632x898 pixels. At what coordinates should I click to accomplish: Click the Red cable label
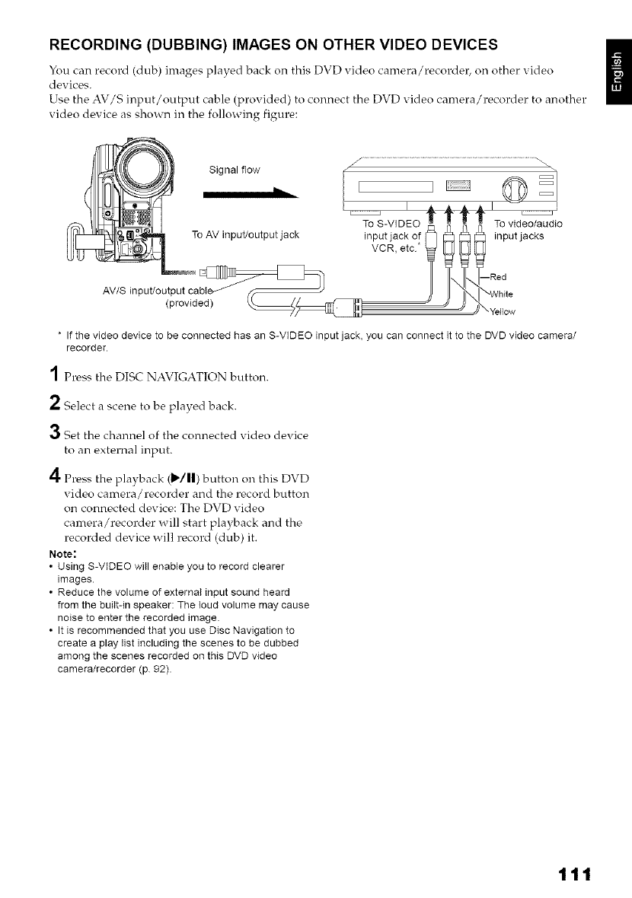500,277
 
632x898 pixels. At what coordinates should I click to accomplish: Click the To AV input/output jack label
244,234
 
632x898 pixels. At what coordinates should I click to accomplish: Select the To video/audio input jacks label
528,230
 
